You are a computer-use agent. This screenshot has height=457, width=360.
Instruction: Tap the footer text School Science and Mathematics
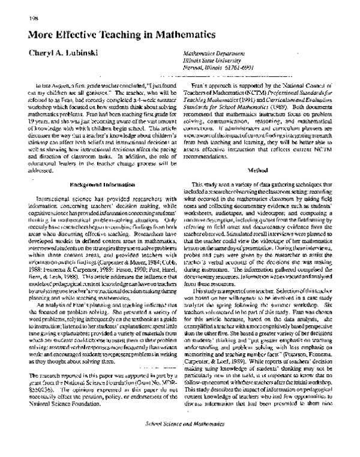[x=179, y=440]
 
